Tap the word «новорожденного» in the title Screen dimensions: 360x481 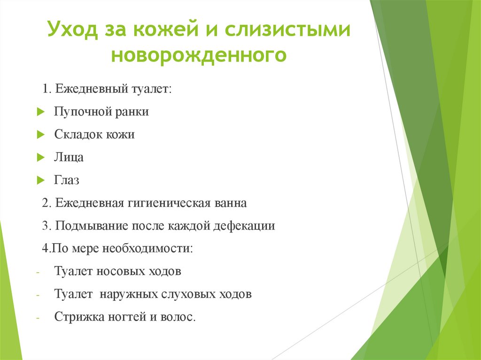click(x=198, y=55)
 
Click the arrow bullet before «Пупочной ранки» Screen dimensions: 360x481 click(x=40, y=112)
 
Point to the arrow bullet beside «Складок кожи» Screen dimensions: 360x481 click(x=40, y=135)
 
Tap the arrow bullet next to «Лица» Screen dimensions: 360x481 click(x=40, y=158)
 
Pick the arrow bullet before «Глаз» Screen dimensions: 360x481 click(x=40, y=180)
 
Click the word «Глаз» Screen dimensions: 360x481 click(x=67, y=180)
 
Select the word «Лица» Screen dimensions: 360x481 click(x=69, y=158)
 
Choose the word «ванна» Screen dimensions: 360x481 click(x=227, y=203)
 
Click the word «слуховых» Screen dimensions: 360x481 click(x=194, y=294)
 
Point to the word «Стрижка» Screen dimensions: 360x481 click(x=77, y=317)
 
